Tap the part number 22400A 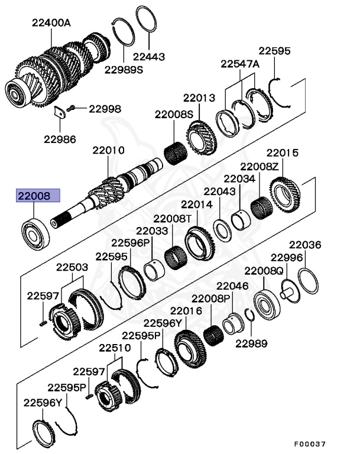pyautogui.click(x=51, y=22)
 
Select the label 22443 pyautogui.click(x=148, y=57)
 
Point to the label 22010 pyautogui.click(x=108, y=151)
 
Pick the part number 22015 pyautogui.click(x=282, y=153)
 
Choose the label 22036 pyautogui.click(x=305, y=245)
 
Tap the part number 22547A pyautogui.click(x=240, y=64)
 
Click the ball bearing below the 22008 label pyautogui.click(x=35, y=233)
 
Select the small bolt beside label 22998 pyautogui.click(x=72, y=108)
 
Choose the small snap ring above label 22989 pyautogui.click(x=250, y=315)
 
